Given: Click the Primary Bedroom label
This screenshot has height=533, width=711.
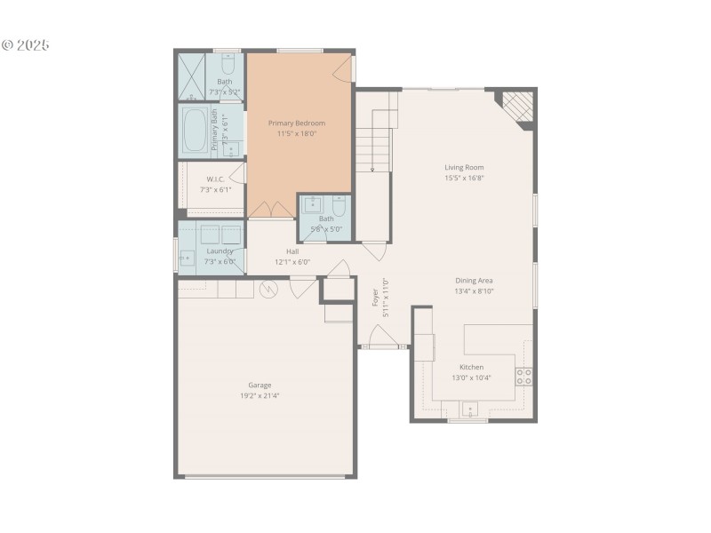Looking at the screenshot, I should (x=297, y=123).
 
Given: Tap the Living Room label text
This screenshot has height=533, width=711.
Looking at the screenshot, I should (x=464, y=167).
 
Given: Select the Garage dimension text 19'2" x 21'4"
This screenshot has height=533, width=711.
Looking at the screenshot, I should (x=260, y=396).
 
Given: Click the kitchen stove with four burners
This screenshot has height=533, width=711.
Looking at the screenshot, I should (x=524, y=376).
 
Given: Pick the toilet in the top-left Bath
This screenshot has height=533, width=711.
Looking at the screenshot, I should (x=228, y=66).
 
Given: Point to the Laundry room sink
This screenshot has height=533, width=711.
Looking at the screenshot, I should (x=188, y=258).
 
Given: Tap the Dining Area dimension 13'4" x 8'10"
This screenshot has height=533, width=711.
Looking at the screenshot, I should (x=474, y=290).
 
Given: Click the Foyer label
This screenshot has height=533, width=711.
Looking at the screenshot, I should (x=375, y=297).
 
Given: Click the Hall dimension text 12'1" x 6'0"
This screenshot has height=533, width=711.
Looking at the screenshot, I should (x=292, y=262).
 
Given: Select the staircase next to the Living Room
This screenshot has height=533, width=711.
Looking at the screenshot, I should (x=374, y=142).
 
